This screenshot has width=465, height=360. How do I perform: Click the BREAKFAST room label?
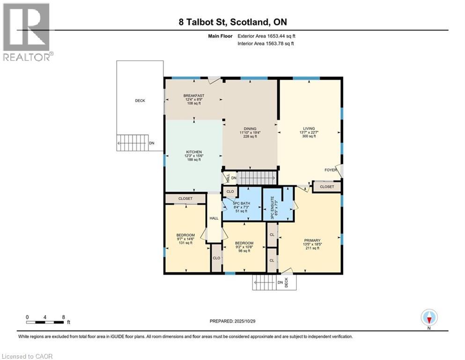[x=193, y=96]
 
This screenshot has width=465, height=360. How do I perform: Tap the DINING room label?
[x=250, y=128]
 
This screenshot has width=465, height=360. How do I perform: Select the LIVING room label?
[x=309, y=128]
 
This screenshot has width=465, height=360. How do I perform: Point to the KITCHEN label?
[x=194, y=152]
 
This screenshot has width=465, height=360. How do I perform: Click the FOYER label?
[x=331, y=170]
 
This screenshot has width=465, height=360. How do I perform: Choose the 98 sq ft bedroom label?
[x=243, y=243]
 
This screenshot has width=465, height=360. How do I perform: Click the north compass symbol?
[x=429, y=318]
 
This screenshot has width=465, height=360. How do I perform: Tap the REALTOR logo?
[x=27, y=32]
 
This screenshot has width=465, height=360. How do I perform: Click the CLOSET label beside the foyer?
[x=327, y=187]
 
